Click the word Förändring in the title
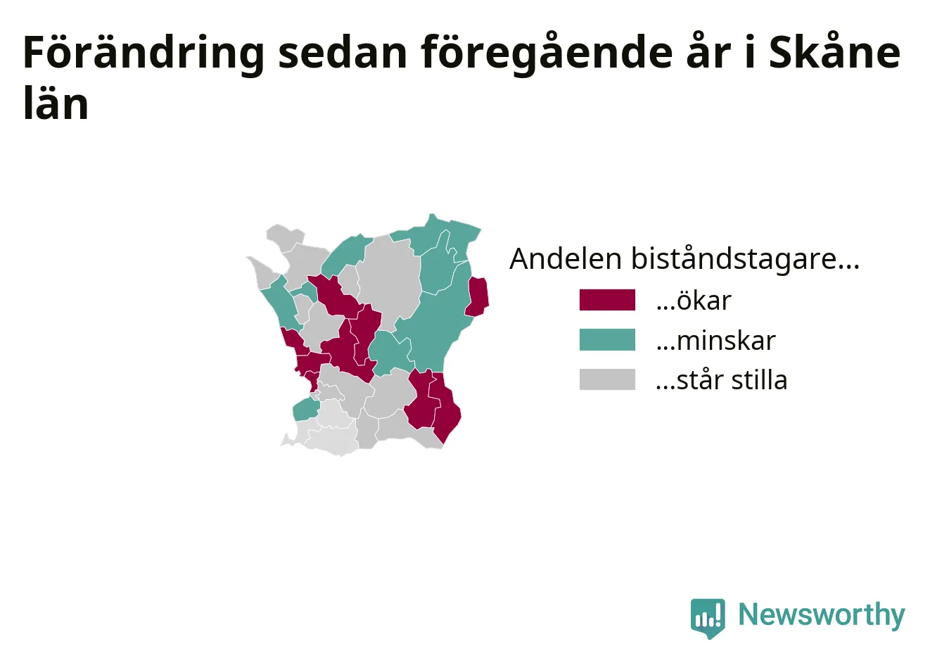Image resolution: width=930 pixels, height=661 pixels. pyautogui.click(x=144, y=53)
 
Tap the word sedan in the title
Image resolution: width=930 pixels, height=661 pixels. pyautogui.click(x=343, y=53)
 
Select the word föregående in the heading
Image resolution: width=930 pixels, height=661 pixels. pyautogui.click(x=547, y=53)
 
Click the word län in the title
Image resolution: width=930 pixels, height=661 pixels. pyautogui.click(x=56, y=102)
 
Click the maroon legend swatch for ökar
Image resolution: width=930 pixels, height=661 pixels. pyautogui.click(x=607, y=300)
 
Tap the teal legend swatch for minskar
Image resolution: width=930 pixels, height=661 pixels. pyautogui.click(x=607, y=339)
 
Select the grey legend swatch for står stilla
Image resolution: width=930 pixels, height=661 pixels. pyautogui.click(x=607, y=379)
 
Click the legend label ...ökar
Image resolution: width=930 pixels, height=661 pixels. pyautogui.click(x=694, y=300)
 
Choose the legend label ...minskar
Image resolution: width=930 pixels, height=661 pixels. pyautogui.click(x=715, y=340)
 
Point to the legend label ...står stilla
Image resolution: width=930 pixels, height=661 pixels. pyautogui.click(x=722, y=379)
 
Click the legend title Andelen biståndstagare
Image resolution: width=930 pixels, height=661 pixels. pyautogui.click(x=684, y=259)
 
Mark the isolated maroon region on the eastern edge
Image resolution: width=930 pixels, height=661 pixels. pyautogui.click(x=478, y=296)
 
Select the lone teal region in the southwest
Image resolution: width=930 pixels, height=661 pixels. pyautogui.click(x=306, y=409)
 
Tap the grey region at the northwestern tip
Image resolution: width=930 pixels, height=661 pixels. pyautogui.click(x=284, y=237)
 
